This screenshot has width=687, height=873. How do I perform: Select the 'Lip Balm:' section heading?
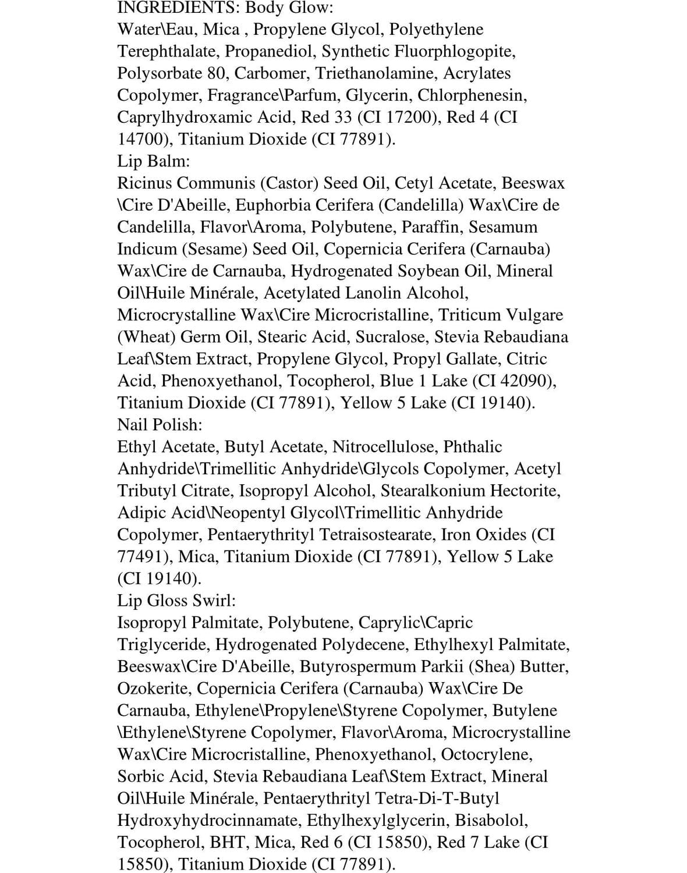[154, 161]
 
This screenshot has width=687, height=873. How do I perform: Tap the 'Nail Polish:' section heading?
[160, 425]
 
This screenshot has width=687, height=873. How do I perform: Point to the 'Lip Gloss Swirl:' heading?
[176, 601]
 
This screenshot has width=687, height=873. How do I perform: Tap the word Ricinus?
[145, 183]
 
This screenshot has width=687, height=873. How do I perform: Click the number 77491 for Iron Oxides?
[141, 557]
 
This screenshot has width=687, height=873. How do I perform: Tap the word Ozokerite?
[153, 689]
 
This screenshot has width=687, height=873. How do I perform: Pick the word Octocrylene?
[486, 755]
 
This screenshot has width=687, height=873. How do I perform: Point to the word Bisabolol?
[491, 821]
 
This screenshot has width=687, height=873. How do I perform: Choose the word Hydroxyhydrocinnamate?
[208, 821]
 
